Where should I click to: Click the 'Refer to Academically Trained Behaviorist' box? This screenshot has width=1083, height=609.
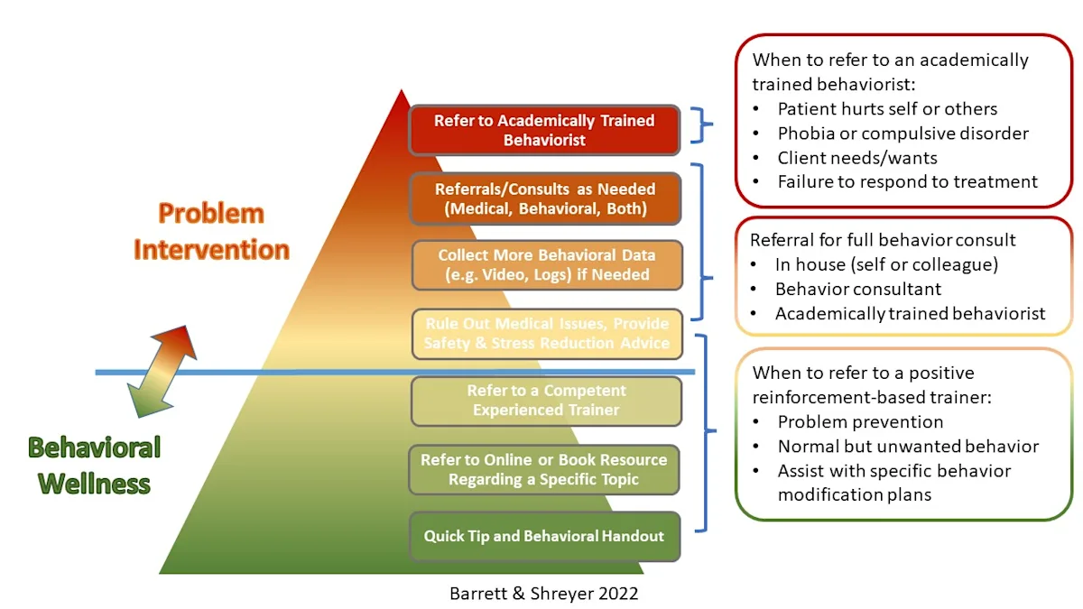tap(544, 130)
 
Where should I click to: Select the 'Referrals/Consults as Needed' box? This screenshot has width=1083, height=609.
tap(545, 198)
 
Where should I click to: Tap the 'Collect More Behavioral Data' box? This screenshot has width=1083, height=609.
tap(547, 265)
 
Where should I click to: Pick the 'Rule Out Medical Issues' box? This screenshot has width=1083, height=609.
tap(547, 333)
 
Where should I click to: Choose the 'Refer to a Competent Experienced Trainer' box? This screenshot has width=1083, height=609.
tap(547, 401)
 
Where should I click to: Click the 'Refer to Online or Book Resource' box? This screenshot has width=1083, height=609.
tap(544, 469)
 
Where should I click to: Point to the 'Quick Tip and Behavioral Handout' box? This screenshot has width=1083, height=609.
tap(544, 536)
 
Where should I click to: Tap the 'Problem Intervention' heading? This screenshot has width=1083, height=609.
tap(211, 232)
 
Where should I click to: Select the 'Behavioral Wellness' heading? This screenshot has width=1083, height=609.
tap(94, 465)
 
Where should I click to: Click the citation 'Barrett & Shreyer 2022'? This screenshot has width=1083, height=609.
tap(544, 593)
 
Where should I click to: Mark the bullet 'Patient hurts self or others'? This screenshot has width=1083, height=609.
tap(886, 109)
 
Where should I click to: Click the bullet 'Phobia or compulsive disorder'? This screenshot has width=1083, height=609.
tap(902, 134)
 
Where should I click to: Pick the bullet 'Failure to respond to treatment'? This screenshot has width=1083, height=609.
tap(907, 182)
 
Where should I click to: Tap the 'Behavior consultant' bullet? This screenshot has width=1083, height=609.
tap(857, 290)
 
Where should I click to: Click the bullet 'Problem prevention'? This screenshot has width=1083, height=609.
tap(860, 421)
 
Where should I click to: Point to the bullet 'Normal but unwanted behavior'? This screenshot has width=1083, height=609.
tap(907, 446)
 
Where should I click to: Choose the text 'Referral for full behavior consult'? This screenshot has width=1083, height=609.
tap(883, 240)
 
